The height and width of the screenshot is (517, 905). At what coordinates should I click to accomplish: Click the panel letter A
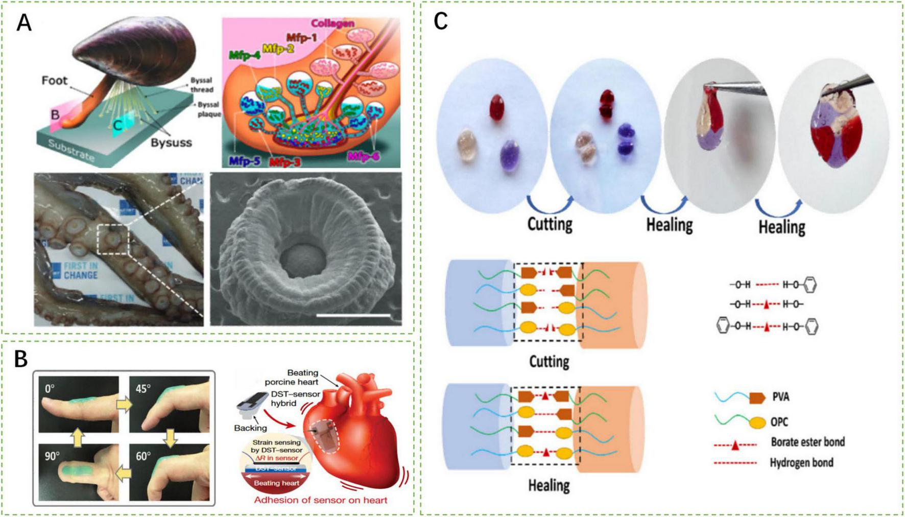tap(23, 22)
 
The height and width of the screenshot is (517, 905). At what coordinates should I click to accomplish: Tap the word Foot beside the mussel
tap(54, 81)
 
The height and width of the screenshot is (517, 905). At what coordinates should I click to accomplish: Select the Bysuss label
tap(171, 143)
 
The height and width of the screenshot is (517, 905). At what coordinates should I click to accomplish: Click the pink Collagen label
tap(332, 24)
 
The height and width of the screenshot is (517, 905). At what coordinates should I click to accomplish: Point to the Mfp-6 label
tap(364, 156)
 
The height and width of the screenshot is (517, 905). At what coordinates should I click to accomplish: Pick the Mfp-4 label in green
tap(244, 55)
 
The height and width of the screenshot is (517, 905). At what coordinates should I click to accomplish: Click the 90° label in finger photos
tap(52, 456)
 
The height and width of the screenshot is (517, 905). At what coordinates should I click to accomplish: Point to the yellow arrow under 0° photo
tap(78, 437)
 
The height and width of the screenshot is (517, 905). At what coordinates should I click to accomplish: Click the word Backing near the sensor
tap(250, 428)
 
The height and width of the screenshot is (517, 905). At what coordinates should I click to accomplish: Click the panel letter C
tap(440, 21)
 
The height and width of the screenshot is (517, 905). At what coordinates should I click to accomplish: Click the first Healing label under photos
tap(669, 225)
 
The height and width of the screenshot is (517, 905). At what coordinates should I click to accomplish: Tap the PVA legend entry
tap(781, 397)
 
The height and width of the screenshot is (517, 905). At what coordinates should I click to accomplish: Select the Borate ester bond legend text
tap(807, 442)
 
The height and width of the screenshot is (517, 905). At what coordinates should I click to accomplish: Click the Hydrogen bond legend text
tap(801, 463)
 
